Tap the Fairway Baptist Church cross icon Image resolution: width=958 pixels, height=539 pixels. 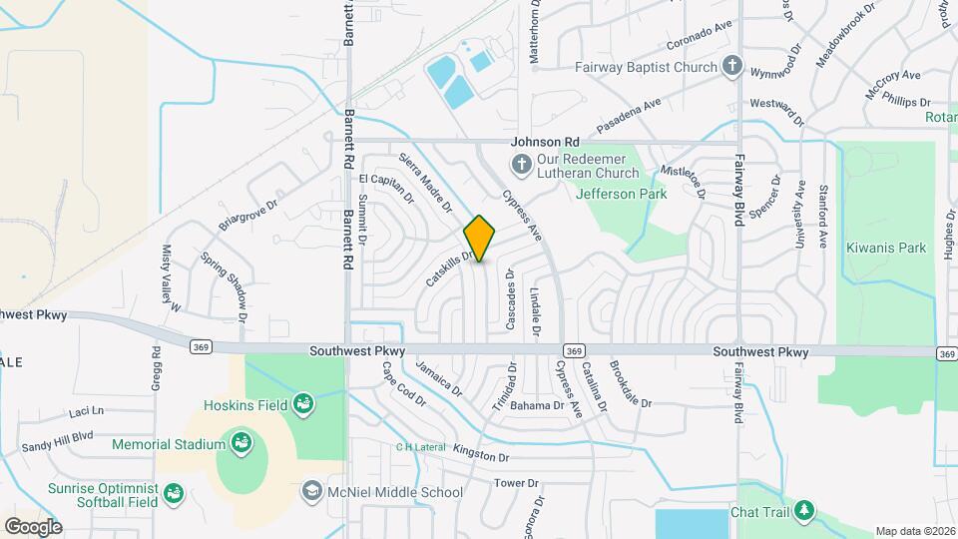(x=732, y=67)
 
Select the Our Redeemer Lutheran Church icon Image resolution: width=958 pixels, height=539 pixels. (x=520, y=164)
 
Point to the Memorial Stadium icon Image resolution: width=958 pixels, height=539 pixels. (x=239, y=443)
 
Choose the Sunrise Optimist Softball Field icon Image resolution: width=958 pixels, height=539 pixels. (x=174, y=493)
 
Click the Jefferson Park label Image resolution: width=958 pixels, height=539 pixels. (x=622, y=194)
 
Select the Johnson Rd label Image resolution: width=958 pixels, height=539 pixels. (x=545, y=143)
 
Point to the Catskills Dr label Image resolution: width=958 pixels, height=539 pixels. (x=448, y=268)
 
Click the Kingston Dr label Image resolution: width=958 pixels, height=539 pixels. (x=481, y=455)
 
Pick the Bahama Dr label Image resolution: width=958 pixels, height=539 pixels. (x=538, y=405)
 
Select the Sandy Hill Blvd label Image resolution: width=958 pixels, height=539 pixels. (x=57, y=436)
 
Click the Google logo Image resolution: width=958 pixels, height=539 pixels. (x=32, y=526)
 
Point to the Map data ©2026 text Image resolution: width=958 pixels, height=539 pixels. (x=914, y=531)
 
